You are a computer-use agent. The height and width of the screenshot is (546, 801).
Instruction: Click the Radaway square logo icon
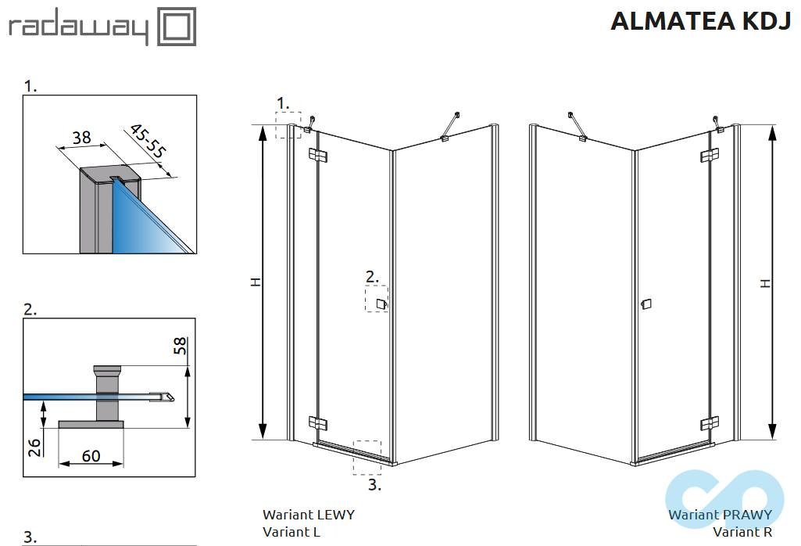pos(177,27)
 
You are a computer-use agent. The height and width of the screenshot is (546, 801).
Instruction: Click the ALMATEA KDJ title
pos(700,22)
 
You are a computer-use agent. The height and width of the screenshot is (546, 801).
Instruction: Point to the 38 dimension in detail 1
pos(81,138)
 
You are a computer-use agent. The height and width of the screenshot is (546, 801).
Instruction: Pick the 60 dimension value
pos(91,455)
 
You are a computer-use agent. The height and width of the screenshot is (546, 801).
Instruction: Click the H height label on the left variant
pos(255,282)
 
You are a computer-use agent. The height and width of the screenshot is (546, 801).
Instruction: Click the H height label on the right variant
pos(765,282)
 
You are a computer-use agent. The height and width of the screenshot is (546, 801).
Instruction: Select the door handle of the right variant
pos(645,304)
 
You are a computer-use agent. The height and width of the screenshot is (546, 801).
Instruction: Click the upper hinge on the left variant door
pos(316,155)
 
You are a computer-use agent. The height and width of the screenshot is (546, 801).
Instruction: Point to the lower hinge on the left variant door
pos(316,422)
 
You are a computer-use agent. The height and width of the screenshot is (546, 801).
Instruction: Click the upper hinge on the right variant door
pos(710,156)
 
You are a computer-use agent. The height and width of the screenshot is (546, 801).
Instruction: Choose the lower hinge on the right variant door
pos(710,423)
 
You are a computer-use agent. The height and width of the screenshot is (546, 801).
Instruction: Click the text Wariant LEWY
pos(308,515)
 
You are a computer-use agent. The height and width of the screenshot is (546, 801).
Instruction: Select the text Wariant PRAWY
pos(720,515)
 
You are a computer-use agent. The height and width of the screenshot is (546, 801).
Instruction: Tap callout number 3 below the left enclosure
pos(374,485)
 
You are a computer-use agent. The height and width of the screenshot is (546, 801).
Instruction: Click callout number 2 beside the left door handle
pos(372,276)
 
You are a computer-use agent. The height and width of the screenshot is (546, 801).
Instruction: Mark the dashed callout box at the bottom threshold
pos(367,457)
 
